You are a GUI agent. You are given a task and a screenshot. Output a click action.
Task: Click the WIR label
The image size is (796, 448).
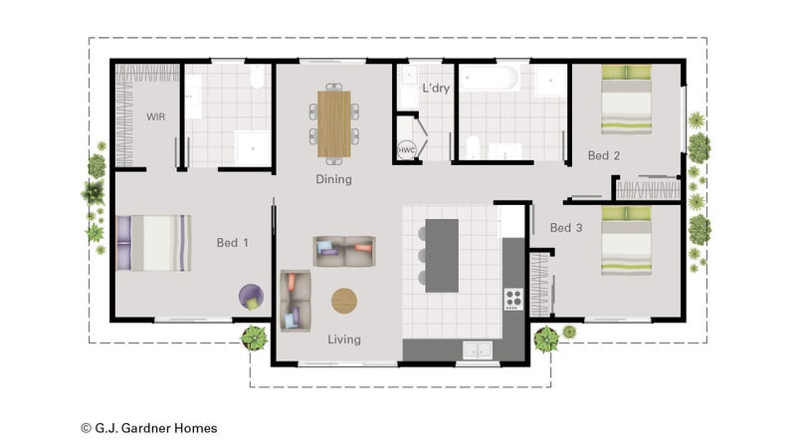click(156, 116)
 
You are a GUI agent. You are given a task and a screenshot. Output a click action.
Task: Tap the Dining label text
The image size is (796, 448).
click(333, 179)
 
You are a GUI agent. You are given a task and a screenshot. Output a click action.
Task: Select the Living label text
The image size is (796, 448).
click(344, 339)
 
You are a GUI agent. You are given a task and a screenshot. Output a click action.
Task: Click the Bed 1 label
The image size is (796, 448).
click(233, 243)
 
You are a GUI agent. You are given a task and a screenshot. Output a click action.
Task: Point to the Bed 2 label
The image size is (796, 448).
click(604, 156)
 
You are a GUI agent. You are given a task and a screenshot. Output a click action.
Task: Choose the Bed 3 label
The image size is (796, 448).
click(566, 228)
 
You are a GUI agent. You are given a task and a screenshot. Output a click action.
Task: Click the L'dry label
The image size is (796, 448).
click(436, 88)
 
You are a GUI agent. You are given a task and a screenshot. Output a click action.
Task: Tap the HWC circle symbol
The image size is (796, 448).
click(406, 150)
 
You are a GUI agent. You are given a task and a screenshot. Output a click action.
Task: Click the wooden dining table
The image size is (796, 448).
click(334, 123)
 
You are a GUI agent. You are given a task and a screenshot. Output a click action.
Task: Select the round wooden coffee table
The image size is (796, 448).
click(344, 301)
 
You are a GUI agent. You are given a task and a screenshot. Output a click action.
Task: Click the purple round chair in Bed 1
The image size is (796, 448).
click(252, 297)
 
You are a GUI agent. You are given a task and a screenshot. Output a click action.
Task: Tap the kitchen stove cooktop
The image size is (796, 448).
click(513, 300)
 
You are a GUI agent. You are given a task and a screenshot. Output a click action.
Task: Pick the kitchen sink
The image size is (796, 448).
click(478, 350)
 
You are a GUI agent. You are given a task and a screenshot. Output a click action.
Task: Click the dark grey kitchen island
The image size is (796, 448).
click(442, 256)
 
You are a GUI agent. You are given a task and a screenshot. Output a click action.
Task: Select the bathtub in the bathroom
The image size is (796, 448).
click(490, 78)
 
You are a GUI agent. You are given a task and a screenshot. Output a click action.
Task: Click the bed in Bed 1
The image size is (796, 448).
click(154, 243)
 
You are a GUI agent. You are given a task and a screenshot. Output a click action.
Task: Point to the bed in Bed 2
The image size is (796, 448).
click(626, 100)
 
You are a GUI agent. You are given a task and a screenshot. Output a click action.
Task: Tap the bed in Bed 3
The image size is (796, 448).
click(626, 241)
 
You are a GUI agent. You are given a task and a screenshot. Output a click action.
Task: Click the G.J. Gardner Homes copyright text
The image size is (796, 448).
click(149, 428)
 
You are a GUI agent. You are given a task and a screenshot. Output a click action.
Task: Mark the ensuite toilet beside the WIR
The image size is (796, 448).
click(258, 77)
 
